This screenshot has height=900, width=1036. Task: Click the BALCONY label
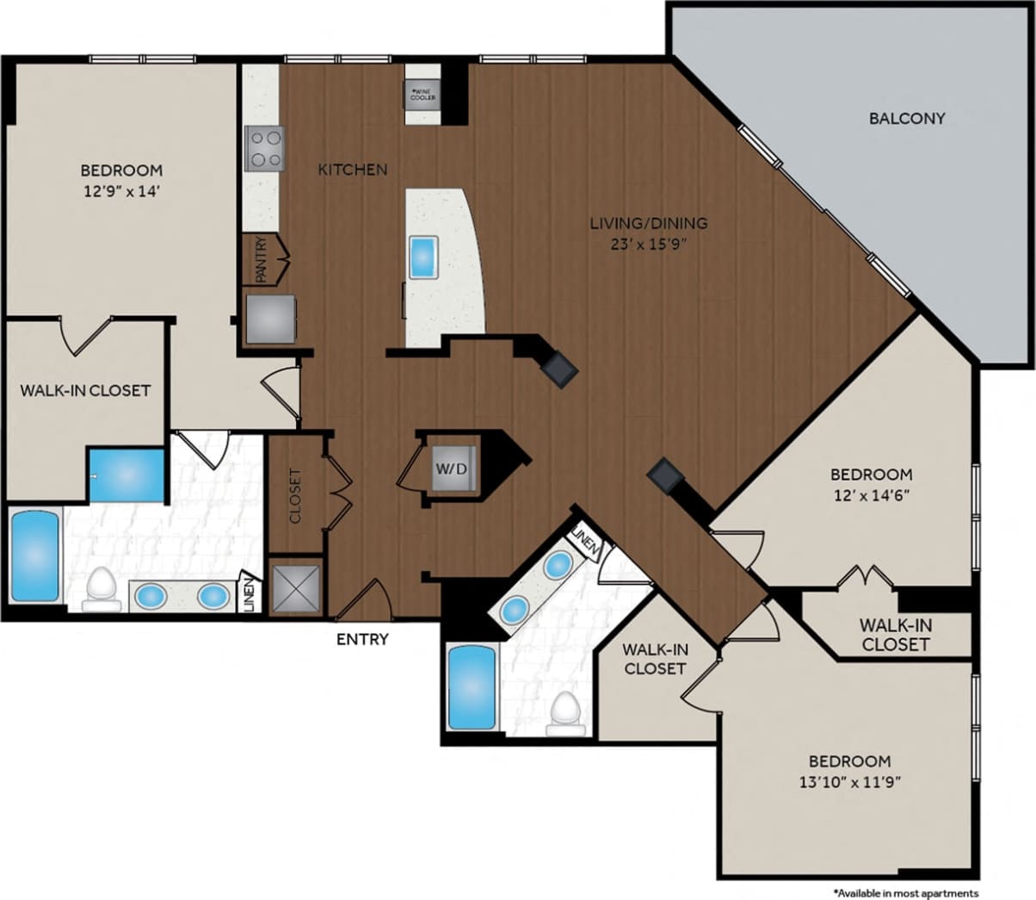click(906, 118)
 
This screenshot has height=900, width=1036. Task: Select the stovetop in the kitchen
click(264, 148)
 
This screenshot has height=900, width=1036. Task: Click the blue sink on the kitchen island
click(423, 257)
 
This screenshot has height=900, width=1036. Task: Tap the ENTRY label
click(362, 639)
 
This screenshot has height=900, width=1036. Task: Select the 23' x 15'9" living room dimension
click(649, 243)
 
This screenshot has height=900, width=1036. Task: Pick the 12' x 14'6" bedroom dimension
click(871, 495)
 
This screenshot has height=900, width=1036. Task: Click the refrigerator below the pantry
click(271, 319)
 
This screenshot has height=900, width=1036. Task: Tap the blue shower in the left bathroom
click(126, 475)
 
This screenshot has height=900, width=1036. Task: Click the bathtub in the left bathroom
click(35, 556)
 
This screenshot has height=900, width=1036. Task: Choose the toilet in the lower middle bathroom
click(565, 714)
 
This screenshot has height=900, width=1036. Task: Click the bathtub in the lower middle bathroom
click(472, 687)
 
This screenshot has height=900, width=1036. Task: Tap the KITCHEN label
click(353, 170)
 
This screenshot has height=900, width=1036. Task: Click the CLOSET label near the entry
click(295, 496)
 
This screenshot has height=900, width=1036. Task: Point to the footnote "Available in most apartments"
click(905, 893)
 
